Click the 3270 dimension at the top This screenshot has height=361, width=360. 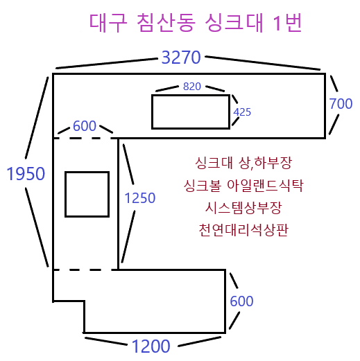coord(181,58)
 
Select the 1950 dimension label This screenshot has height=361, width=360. coord(26,174)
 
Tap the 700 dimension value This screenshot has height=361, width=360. coord(341,103)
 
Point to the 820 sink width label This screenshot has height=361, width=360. coord(192,87)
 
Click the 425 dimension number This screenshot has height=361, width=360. coord(242,112)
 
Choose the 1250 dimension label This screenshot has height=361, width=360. coord(140,198)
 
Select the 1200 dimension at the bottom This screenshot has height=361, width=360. coord(151,346)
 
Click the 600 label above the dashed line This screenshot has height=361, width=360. coord(85,126)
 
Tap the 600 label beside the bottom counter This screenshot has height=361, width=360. coord(241,301)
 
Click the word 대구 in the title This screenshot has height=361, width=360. coord(108,23)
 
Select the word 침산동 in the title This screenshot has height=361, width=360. coord(166,23)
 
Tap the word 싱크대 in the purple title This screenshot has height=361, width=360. coord(234,23)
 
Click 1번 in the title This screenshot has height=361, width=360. coord(287,23)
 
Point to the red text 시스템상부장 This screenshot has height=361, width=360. coord(243,208)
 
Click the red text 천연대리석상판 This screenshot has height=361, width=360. coord(243,230)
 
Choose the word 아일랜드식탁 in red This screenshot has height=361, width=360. coord(265,186)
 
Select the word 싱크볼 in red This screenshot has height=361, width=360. coord(203,186)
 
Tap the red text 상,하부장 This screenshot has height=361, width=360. coord(265,163)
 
